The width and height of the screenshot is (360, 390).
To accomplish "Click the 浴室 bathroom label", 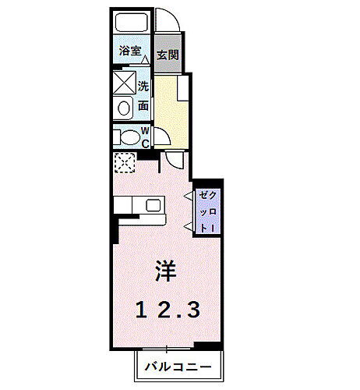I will (129, 51).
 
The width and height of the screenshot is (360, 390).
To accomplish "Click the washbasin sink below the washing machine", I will (124, 108).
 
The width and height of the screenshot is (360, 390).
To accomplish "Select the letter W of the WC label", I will (145, 133).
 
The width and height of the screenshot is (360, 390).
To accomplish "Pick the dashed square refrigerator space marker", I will (125, 163).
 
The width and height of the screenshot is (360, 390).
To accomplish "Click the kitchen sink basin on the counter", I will (153, 206).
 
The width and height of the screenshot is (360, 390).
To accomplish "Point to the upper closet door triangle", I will (189, 197).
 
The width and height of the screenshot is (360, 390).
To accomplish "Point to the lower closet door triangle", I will (189, 225).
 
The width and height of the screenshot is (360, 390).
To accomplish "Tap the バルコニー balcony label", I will (178, 366).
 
